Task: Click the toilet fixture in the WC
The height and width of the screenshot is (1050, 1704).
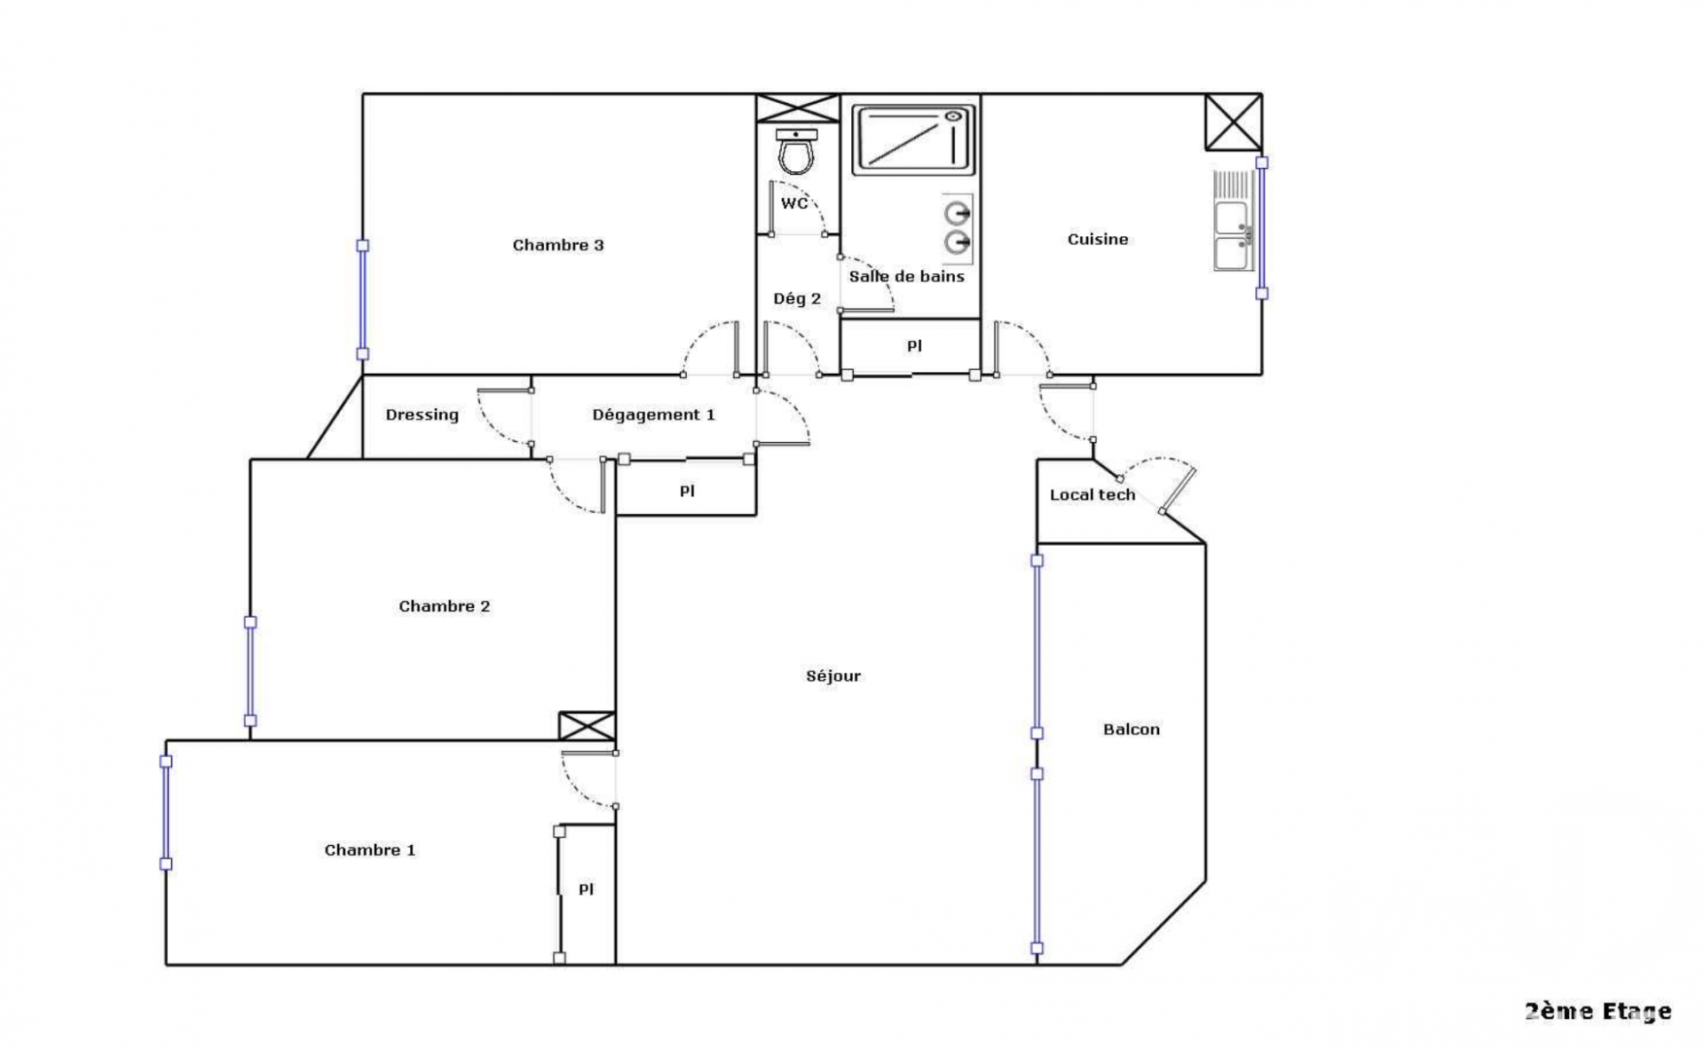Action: (796, 152)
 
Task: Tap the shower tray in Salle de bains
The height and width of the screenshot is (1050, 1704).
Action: (913, 139)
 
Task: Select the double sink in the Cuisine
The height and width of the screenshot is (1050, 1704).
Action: (1233, 220)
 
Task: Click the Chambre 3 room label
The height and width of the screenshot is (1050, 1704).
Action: (558, 245)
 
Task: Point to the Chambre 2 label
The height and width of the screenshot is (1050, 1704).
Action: (444, 606)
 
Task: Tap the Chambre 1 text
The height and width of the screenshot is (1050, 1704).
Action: (369, 849)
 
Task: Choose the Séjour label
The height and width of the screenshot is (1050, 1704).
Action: (833, 676)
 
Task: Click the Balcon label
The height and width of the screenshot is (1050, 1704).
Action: (1132, 730)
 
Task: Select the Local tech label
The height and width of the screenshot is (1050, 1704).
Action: (1093, 494)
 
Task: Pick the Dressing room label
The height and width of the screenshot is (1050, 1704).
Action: (422, 414)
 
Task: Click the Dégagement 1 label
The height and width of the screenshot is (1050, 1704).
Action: (653, 414)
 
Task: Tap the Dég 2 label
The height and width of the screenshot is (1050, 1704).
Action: (797, 299)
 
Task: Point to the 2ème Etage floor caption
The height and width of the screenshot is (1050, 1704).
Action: (1597, 1011)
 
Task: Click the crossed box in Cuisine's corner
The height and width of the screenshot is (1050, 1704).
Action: (1233, 122)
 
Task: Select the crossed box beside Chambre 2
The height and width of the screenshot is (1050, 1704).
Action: (587, 726)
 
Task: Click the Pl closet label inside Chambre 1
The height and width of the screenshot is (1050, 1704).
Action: (586, 889)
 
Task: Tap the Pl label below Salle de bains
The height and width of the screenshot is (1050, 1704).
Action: (914, 346)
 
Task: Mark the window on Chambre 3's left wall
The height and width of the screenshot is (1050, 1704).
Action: (362, 300)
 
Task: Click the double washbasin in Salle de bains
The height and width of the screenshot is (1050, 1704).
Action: (957, 228)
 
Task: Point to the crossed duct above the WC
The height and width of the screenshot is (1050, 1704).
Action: (798, 108)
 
